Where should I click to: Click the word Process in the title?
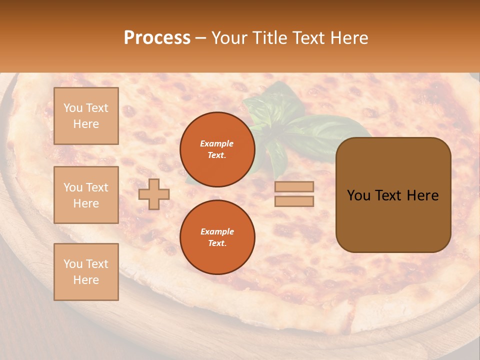click(x=157, y=38)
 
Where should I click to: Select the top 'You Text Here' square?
click(x=86, y=116)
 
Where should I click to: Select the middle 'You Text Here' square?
click(x=86, y=195)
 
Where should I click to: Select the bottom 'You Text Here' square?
click(x=86, y=272)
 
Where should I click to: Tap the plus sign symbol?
click(x=154, y=194)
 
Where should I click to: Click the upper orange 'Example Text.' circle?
click(x=217, y=149)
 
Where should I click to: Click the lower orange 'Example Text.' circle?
click(x=217, y=237)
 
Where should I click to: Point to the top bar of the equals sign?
click(x=294, y=187)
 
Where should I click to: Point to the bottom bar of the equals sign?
click(x=294, y=201)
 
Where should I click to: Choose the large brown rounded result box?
click(x=393, y=220)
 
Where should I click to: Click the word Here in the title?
click(x=346, y=38)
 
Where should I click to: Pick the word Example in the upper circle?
click(x=217, y=143)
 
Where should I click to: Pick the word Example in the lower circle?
click(x=217, y=231)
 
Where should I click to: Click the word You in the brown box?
click(x=358, y=195)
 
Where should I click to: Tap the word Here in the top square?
click(x=86, y=124)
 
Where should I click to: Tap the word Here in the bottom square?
click(x=86, y=280)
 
